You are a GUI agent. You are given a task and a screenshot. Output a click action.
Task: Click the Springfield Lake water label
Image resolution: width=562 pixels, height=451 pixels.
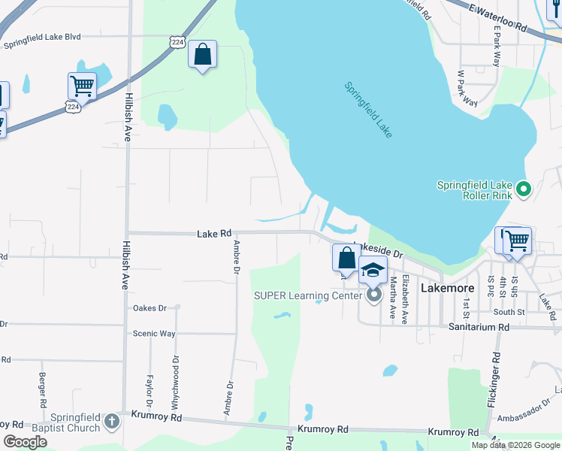[x=368, y=110]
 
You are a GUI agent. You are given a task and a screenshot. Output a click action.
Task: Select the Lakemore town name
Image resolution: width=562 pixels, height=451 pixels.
[x=448, y=287]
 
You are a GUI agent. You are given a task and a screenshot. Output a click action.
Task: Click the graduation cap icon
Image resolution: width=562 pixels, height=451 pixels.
[x=373, y=270]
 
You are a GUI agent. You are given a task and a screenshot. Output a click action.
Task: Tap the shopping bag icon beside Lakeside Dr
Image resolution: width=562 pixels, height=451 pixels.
[x=346, y=258]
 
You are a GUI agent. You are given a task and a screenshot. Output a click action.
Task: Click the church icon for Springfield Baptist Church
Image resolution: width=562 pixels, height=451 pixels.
[x=112, y=421]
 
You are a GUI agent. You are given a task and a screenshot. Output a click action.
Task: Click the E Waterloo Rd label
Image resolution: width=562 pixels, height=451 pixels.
[x=497, y=17]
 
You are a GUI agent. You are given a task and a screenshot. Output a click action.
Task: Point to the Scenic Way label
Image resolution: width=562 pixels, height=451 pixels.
[x=154, y=334]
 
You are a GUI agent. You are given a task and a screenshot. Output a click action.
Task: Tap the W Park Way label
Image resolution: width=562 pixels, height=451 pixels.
[x=468, y=89]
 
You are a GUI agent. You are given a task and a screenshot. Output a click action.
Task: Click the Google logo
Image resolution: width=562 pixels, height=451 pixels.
[x=25, y=441]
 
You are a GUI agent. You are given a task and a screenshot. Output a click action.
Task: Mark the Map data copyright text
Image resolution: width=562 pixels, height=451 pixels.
[x=515, y=445]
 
